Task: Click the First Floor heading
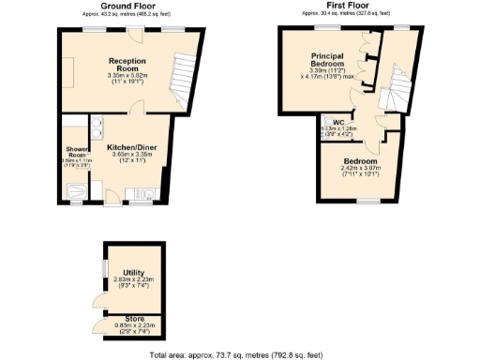(341, 7)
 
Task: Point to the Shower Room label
(76, 153)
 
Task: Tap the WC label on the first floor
(337, 122)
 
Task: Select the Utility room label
(134, 272)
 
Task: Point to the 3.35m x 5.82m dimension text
(128, 76)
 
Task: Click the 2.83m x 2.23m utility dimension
(133, 280)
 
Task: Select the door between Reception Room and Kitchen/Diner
(138, 110)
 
